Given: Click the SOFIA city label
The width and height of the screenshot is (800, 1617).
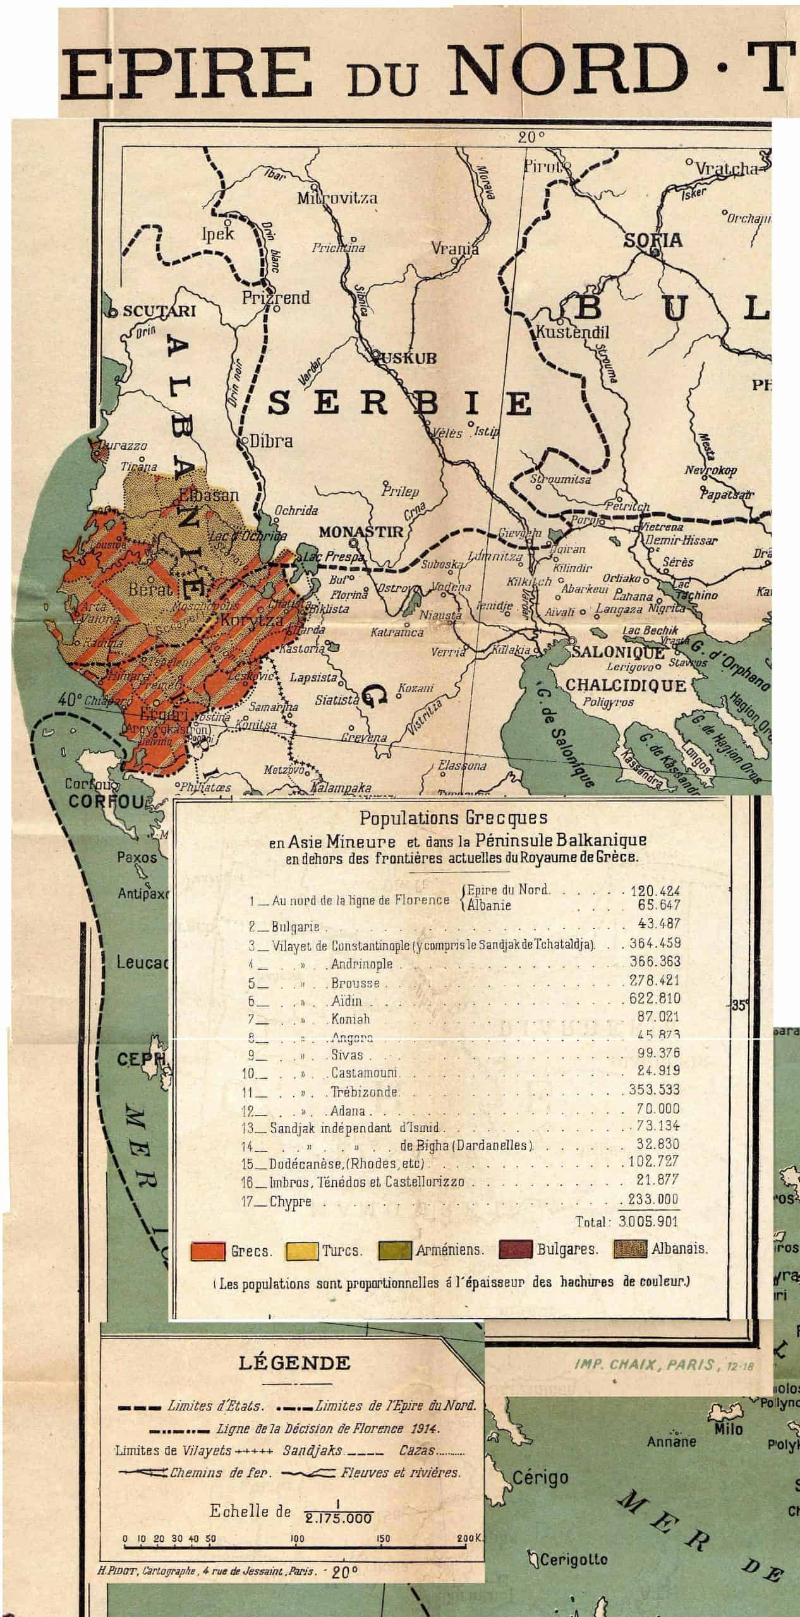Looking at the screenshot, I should (653, 240).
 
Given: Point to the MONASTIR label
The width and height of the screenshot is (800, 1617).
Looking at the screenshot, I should (360, 532).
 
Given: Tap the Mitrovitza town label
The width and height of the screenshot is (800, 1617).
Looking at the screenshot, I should (337, 198).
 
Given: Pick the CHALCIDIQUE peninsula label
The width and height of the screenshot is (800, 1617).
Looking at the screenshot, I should (626, 685).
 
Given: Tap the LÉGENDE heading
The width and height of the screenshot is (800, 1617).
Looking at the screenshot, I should (294, 1362).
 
